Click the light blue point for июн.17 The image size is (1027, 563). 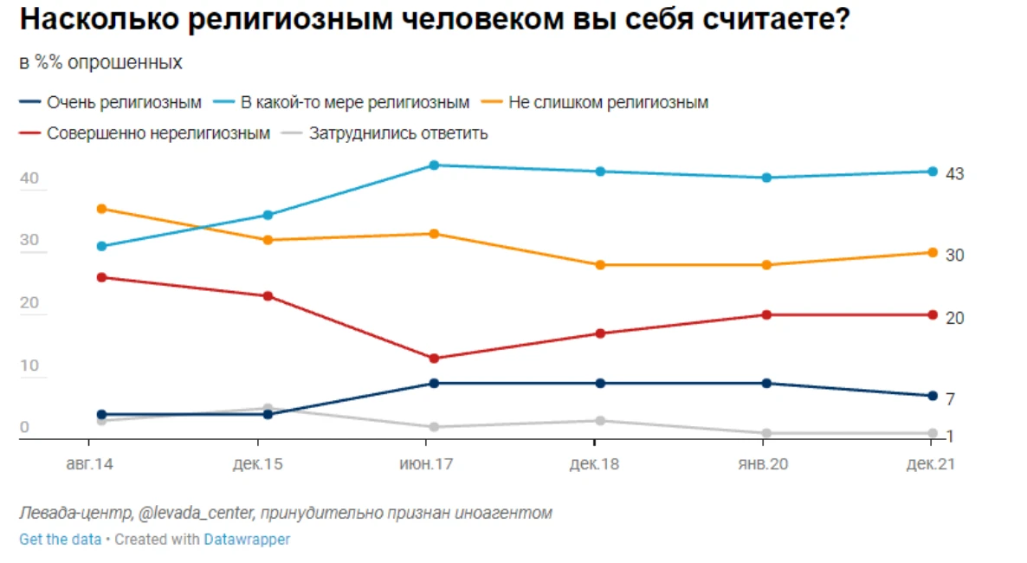coord(434,165)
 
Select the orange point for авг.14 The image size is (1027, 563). coord(101,209)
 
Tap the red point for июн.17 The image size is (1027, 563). coord(434,359)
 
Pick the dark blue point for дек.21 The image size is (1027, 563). coord(933,396)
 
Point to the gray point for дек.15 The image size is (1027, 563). coord(268,408)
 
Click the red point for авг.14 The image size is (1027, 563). coord(101,277)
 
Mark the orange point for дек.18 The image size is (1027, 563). coord(600,265)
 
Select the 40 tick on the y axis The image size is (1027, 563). coord(29,179)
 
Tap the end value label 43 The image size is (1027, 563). coord(954,175)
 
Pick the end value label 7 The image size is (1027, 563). coord(950,400)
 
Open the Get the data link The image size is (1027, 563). coord(60,540)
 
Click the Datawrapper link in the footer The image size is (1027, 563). coord(247,540)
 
